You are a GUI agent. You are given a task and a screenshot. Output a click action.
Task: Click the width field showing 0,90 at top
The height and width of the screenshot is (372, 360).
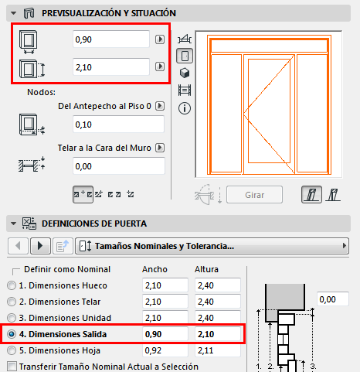point(110,39)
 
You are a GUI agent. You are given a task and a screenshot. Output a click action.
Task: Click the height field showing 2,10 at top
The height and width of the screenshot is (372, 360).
point(110,68)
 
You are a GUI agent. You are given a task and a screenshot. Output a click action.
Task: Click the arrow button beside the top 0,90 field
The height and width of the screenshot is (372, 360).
point(160,39)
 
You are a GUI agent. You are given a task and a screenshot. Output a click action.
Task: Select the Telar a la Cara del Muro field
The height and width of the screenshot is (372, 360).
point(117,166)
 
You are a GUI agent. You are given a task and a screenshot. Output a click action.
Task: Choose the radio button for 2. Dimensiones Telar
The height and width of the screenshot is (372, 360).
point(11,302)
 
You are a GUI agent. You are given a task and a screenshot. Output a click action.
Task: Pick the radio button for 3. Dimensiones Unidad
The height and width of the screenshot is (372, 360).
point(11,318)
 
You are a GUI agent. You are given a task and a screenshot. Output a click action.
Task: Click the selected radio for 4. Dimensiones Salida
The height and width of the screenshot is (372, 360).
point(11,334)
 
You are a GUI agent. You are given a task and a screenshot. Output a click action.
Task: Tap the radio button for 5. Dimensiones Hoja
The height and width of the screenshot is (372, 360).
point(11,350)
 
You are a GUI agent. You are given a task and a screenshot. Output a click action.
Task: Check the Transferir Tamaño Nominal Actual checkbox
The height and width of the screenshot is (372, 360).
point(11,366)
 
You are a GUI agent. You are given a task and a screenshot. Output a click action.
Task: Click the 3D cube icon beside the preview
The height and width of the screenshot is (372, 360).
point(185,73)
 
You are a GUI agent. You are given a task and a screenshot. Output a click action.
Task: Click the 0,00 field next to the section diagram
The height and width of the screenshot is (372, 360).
point(337,299)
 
